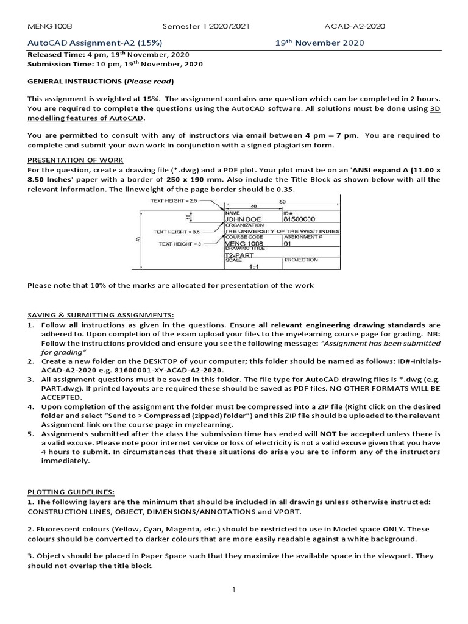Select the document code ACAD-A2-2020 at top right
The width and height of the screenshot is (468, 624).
(x=355, y=26)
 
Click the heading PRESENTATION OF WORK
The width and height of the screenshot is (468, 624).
(x=76, y=160)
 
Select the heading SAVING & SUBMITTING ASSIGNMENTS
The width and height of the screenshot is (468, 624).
(x=101, y=314)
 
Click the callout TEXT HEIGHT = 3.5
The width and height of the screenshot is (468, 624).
(x=177, y=232)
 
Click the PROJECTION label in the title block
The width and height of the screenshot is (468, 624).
(x=301, y=260)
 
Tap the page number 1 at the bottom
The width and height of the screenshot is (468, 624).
(x=233, y=590)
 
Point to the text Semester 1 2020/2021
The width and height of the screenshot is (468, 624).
(x=206, y=26)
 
